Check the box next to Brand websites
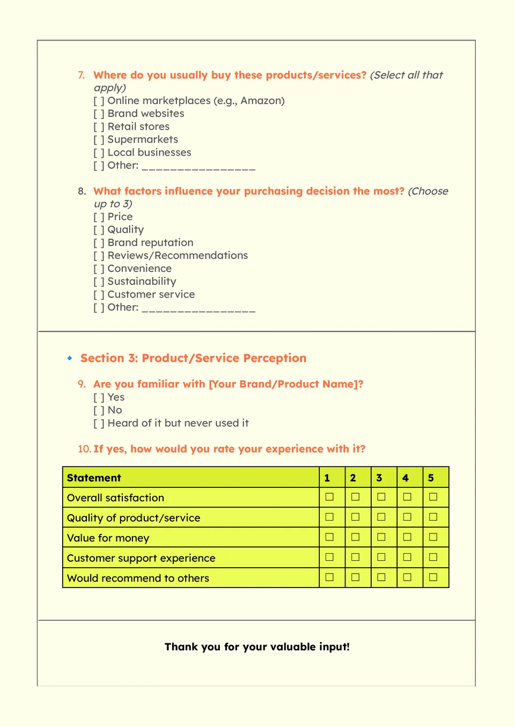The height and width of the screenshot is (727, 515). tap(99, 114)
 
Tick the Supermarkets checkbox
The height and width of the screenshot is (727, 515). tap(99, 140)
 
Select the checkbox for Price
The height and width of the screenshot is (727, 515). tap(99, 217)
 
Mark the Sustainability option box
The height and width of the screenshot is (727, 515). tap(99, 282)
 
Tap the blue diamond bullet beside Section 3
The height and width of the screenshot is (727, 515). tap(70, 358)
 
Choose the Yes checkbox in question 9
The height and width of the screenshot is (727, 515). tap(99, 398)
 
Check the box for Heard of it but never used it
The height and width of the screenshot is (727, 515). tap(99, 424)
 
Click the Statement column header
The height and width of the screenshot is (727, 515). tap(94, 478)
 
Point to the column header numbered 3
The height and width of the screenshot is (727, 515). tap(379, 478)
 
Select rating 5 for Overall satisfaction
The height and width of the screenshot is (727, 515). tap(433, 497)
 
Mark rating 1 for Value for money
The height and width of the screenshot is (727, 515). tap(329, 537)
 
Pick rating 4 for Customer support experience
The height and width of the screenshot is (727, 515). tap(407, 557)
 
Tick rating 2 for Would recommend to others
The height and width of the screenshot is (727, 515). tap(355, 577)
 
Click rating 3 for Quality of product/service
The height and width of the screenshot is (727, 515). tap(381, 517)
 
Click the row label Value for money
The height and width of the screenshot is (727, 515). tap(108, 538)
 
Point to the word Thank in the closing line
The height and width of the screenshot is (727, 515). tap(181, 647)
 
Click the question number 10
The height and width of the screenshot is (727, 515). tap(84, 449)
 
